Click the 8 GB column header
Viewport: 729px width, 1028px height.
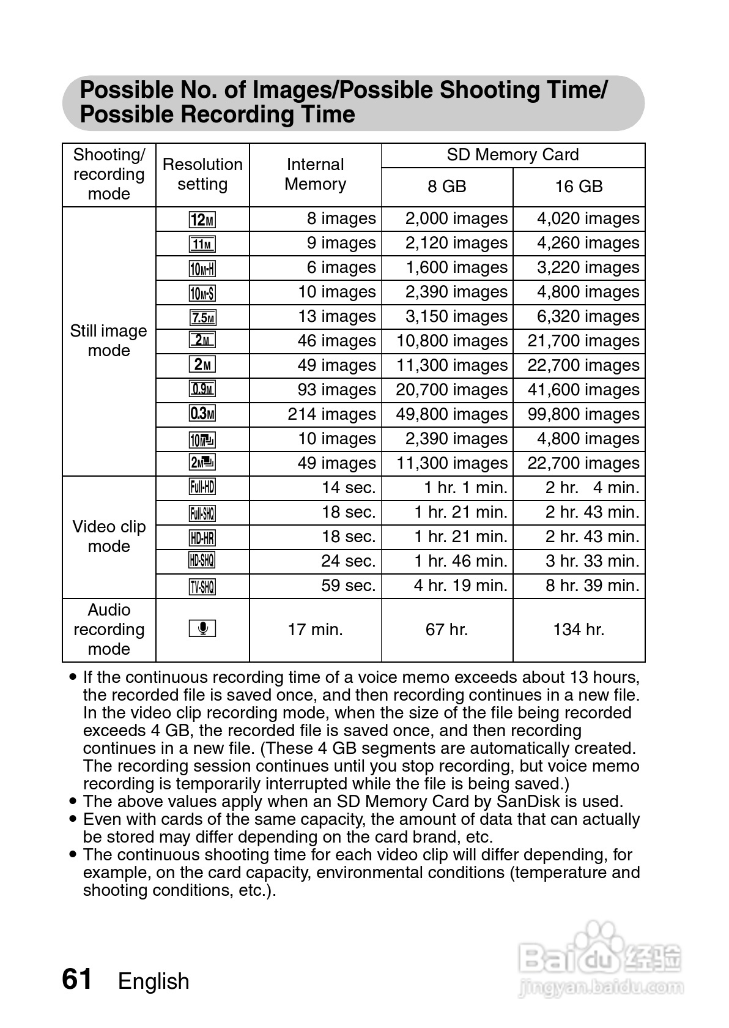(446, 187)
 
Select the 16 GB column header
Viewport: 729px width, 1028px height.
(579, 187)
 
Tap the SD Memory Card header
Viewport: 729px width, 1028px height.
(513, 155)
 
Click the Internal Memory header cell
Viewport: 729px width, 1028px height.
(315, 174)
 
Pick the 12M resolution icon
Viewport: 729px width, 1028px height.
(202, 219)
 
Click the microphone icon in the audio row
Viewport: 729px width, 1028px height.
(202, 628)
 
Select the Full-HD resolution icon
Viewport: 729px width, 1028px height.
(202, 488)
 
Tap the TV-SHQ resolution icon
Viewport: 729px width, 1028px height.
(202, 586)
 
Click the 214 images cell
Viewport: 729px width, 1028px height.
(331, 414)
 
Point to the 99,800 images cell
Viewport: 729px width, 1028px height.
(583, 414)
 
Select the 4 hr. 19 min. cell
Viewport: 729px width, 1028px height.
(461, 586)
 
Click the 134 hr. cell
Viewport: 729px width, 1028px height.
(579, 630)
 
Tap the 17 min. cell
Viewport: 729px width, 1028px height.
(315, 630)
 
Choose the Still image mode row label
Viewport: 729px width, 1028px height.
(109, 341)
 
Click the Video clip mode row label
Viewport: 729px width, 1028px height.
(109, 537)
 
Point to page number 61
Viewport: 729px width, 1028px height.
(77, 980)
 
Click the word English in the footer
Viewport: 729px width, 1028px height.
(154, 981)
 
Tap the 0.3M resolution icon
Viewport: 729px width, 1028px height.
(202, 414)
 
